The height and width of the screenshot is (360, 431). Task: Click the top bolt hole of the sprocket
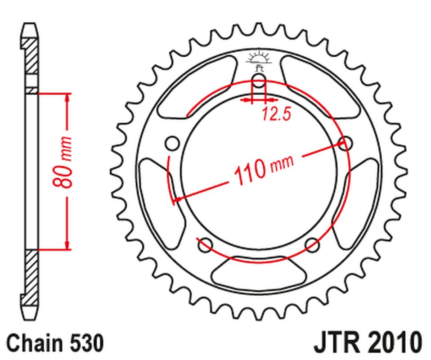click(259, 81)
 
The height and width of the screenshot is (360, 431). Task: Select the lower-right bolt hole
click(312, 245)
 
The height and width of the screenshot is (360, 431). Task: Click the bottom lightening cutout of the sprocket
click(259, 272)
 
